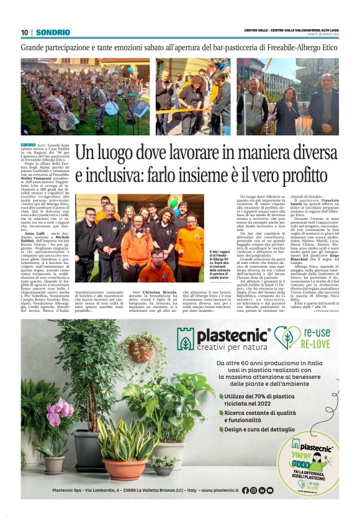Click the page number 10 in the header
point(24,32)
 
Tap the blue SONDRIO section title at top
point(53,32)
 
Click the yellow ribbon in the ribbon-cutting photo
point(186,111)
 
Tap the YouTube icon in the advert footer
point(270,490)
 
